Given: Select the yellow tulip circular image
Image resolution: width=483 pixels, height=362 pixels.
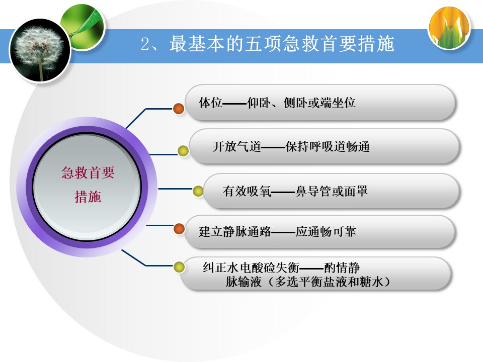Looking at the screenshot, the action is tap(449, 28).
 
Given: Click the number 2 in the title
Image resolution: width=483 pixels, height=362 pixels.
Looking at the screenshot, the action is tap(145, 44).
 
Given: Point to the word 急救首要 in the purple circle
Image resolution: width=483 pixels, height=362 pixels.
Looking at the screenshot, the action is tap(88, 172).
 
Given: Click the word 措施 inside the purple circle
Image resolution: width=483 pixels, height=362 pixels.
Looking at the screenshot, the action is tap(88, 197).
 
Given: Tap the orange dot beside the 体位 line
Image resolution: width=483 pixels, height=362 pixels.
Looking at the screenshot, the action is tap(179, 109).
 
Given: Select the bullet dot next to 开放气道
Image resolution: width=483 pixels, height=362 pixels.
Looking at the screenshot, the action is tap(183, 151).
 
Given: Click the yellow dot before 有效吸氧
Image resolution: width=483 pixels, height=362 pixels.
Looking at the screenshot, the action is tap(198, 191).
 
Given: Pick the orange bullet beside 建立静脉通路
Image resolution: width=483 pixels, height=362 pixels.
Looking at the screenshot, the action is tap(179, 229).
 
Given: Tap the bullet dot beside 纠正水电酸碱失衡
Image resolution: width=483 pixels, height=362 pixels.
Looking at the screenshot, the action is tap(179, 267).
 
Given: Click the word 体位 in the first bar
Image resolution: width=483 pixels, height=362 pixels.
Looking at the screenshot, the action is tap(211, 103).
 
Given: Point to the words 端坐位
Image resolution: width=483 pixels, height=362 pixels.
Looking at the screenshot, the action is tap(338, 103).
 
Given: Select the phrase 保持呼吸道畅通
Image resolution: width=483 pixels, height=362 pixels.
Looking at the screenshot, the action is tap(328, 146).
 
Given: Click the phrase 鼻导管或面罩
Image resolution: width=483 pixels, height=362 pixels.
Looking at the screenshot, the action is tap(332, 191).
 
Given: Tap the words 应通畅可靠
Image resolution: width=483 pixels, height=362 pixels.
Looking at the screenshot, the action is tap(326, 231).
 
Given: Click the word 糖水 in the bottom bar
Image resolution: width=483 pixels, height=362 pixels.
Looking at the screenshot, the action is tap(371, 282).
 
